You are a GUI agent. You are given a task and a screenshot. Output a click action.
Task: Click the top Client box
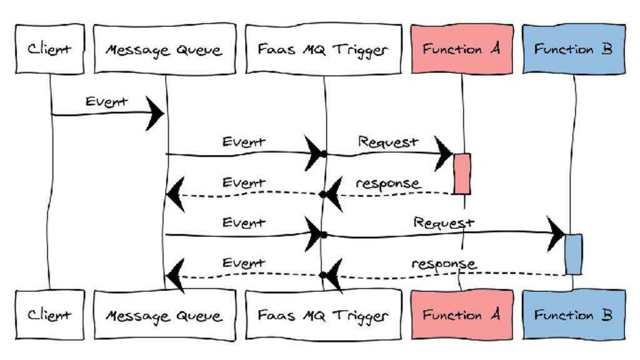point(50,49)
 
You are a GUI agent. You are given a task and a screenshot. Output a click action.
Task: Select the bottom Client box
point(50,315)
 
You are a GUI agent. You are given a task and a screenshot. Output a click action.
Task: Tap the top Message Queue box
point(165,49)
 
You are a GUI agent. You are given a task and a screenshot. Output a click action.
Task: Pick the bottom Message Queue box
point(165,315)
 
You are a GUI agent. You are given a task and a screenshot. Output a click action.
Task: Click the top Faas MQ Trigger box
point(324,49)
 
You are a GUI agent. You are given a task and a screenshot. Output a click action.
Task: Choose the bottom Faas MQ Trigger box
point(324,315)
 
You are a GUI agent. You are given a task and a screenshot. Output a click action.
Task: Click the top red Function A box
point(462,49)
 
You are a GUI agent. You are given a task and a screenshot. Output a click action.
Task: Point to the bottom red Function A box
point(462,315)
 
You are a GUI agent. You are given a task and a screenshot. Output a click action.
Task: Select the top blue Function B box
point(574,49)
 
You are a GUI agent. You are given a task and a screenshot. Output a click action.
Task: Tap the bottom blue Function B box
point(574,315)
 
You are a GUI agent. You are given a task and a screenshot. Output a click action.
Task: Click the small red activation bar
point(462,174)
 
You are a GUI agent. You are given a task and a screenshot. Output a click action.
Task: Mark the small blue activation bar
point(574,254)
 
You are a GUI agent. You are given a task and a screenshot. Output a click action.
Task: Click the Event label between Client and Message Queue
point(106,102)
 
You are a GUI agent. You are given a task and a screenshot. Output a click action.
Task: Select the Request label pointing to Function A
point(388,142)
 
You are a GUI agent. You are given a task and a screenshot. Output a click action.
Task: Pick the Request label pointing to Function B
point(444,223)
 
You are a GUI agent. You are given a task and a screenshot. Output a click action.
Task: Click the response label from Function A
point(387,184)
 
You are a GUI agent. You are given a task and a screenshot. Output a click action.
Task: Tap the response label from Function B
point(444,264)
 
